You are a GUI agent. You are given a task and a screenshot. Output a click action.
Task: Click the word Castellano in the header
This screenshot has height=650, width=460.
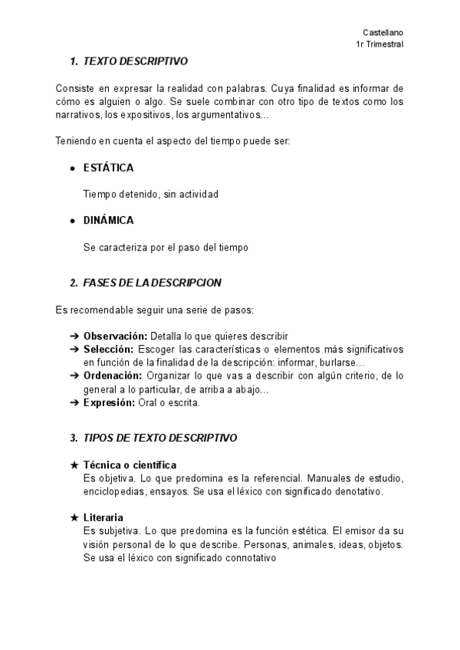383,32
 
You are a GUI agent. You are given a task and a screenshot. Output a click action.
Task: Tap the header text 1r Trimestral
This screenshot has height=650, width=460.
379,44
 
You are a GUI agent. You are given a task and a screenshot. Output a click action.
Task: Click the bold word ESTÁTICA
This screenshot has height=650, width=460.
109,168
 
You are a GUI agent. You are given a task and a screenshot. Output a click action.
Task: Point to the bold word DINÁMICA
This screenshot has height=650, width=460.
109,221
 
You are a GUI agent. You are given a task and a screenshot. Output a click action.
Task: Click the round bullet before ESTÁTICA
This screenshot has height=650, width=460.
73,169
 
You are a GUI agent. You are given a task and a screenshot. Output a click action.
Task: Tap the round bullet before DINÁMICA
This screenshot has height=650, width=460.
73,222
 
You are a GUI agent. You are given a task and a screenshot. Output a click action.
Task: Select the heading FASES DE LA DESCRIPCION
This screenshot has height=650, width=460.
152,283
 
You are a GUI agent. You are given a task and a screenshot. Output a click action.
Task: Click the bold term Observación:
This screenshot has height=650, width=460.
115,336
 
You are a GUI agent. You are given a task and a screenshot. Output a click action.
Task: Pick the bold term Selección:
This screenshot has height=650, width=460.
109,349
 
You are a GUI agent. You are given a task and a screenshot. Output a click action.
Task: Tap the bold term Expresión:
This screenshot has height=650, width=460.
109,402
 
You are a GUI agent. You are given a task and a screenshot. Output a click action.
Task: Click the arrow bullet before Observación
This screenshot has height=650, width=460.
74,336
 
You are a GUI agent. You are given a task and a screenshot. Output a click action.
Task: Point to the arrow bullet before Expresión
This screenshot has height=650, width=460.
74,402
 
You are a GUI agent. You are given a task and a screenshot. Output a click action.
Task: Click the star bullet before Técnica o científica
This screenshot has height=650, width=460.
74,465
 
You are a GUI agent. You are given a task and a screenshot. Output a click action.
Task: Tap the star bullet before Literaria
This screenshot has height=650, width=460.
74,518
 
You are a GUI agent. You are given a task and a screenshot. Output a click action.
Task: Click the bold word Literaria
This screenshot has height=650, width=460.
103,518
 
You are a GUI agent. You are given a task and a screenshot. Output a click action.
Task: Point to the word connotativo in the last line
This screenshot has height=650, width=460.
247,558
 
